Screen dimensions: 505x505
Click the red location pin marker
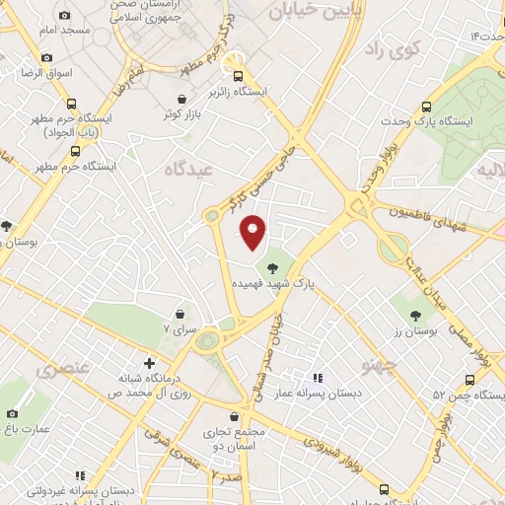click(x=253, y=232)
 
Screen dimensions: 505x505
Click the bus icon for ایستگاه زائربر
click(x=237, y=75)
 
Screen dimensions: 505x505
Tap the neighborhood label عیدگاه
click(x=191, y=170)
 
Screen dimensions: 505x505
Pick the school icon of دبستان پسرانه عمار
click(x=317, y=378)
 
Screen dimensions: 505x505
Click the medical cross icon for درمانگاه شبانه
click(x=149, y=362)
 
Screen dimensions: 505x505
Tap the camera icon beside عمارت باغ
click(x=12, y=414)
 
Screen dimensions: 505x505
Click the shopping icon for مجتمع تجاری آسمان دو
click(x=234, y=416)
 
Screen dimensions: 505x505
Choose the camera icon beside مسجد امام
click(x=64, y=16)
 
